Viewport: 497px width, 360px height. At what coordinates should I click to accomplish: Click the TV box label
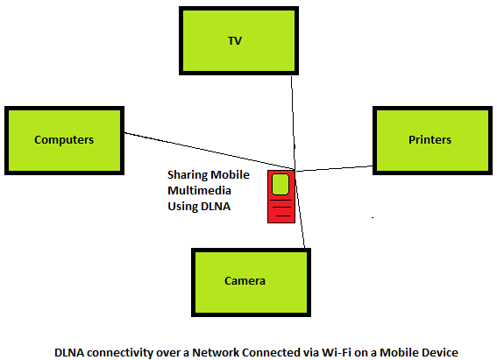click(x=235, y=41)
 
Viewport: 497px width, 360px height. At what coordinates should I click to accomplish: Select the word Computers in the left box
click(x=64, y=139)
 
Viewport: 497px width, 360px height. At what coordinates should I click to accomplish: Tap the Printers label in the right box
click(x=430, y=139)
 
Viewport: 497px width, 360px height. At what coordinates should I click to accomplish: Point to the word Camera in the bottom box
click(x=245, y=281)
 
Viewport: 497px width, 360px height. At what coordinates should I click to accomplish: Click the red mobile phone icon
click(x=281, y=196)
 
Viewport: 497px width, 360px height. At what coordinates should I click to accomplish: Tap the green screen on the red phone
click(x=280, y=184)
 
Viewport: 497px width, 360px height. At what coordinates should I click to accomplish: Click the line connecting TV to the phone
click(x=293, y=123)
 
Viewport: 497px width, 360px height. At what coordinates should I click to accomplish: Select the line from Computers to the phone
click(x=209, y=151)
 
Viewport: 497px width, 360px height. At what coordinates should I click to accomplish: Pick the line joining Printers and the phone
click(x=334, y=168)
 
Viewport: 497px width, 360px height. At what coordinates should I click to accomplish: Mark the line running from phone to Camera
click(x=300, y=209)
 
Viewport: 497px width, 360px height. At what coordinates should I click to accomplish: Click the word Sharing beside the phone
click(x=188, y=175)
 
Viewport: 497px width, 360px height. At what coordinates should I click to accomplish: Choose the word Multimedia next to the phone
click(x=199, y=191)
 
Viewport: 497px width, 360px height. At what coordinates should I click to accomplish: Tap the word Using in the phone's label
click(x=182, y=207)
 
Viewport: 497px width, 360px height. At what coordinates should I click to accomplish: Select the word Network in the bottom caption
click(x=216, y=352)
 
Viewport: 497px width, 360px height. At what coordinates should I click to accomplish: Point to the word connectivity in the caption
click(x=117, y=353)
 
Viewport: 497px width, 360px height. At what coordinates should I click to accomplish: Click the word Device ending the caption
click(x=440, y=352)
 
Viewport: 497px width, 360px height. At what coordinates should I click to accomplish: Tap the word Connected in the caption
click(x=271, y=352)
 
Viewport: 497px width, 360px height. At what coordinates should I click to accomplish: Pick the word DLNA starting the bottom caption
click(x=69, y=352)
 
